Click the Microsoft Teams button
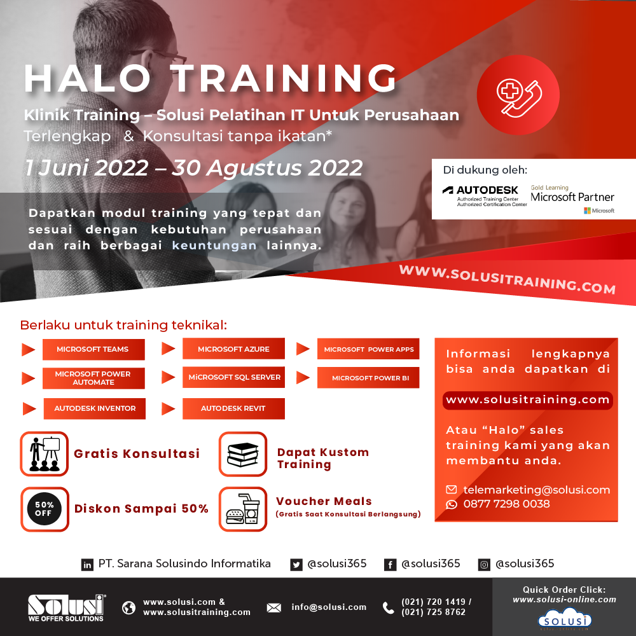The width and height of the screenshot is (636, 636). click(93, 349)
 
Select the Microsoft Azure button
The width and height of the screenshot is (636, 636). click(233, 349)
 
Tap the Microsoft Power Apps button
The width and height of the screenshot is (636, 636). click(368, 349)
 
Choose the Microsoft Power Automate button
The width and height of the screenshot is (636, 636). click(93, 378)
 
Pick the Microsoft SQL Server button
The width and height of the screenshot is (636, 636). click(233, 377)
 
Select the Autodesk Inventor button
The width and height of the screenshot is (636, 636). click(94, 408)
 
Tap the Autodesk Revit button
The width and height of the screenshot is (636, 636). click(233, 408)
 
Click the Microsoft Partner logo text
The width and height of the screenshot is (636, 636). click(572, 197)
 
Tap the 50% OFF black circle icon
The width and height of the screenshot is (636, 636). click(44, 509)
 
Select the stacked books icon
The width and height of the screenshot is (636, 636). click(243, 454)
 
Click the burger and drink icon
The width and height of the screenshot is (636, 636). click(243, 509)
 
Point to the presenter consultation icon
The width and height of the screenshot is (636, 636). click(44, 453)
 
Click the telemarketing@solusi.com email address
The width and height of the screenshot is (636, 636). click(536, 490)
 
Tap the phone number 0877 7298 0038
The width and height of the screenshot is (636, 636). click(506, 504)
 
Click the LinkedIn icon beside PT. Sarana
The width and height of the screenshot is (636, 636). click(87, 564)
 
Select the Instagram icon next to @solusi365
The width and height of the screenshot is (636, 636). click(484, 564)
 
